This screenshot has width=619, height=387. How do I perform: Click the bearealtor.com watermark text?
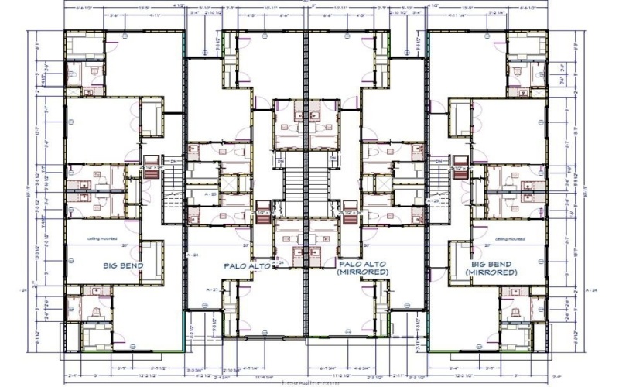310,382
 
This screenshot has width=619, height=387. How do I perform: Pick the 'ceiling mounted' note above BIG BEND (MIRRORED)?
510,238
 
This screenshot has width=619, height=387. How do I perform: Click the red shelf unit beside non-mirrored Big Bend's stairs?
152,172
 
